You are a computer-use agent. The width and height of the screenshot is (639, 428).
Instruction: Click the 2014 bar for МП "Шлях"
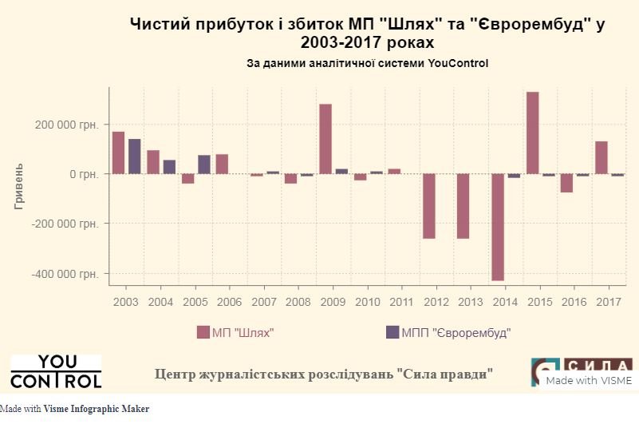point(498,227)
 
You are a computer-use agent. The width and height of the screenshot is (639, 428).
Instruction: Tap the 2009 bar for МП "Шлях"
point(325,139)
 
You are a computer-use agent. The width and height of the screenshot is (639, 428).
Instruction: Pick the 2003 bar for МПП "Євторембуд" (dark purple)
point(135,157)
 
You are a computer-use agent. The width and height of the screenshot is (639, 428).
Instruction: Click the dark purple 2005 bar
point(204,164)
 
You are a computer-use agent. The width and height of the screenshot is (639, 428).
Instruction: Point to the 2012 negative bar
point(429,206)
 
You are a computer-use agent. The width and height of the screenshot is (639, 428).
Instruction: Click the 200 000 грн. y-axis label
point(66,125)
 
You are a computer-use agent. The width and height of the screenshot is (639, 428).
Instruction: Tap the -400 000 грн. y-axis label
point(65,273)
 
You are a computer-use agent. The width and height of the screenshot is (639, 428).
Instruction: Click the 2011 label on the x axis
point(401,303)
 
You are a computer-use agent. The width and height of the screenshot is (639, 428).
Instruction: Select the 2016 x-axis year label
point(574,303)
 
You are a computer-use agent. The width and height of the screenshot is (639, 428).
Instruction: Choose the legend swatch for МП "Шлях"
point(203,332)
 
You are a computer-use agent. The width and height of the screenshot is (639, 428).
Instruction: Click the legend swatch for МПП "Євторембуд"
point(392,332)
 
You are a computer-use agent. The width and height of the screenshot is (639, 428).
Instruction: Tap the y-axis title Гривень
point(19,187)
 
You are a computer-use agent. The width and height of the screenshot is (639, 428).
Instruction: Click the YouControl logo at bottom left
point(56,371)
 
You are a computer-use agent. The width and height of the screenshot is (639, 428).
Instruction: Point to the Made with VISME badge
point(589,380)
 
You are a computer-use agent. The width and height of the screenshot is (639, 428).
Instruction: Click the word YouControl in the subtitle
point(457,63)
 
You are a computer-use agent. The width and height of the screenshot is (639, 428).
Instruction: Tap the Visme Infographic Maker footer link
point(96,409)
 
